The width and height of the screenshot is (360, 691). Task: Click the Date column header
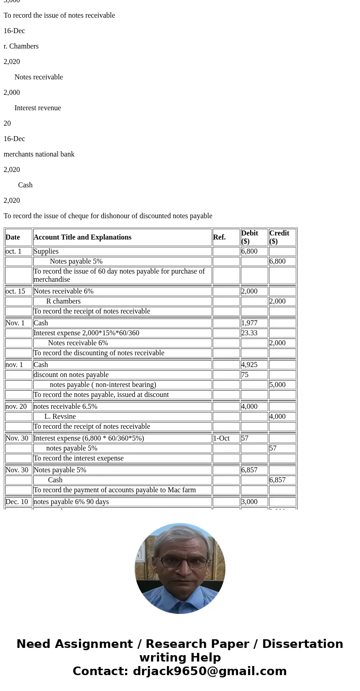click(13, 237)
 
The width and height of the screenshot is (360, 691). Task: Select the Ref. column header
click(219, 237)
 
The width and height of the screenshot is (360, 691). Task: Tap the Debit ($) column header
click(250, 237)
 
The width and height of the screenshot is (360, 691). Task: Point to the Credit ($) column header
click(279, 237)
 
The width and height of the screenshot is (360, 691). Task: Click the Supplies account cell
click(46, 251)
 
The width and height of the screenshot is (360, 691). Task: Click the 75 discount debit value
click(245, 375)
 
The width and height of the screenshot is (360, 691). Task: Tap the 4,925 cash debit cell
click(249, 365)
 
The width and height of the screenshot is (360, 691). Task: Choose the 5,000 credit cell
click(277, 385)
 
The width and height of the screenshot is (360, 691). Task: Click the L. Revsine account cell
click(60, 417)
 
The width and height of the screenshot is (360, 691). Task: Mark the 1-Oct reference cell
click(222, 438)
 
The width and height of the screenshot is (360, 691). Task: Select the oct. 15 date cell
click(15, 291)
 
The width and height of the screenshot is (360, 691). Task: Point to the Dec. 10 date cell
click(17, 502)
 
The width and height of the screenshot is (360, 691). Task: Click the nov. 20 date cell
click(16, 407)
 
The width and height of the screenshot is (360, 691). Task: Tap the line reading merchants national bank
click(39, 154)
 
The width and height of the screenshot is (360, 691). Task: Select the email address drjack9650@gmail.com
click(209, 671)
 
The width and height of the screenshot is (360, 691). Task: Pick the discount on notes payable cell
click(71, 375)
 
